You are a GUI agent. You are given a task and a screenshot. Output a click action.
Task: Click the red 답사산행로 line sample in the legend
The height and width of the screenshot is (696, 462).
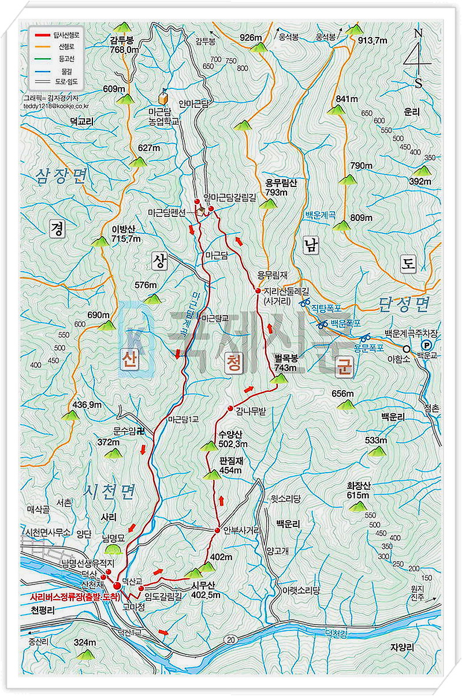click(40, 35)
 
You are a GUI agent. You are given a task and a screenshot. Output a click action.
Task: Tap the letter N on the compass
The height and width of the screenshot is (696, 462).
click(418, 34)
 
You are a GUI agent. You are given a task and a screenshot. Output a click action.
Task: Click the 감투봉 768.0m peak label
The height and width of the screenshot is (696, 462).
click(124, 46)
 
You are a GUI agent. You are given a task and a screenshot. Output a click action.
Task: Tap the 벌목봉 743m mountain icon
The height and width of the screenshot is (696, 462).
click(279, 379)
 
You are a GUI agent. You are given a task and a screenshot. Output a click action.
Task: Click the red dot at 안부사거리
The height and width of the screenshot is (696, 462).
click(218, 530)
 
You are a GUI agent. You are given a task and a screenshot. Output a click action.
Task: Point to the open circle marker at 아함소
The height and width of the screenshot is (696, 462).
click(407, 349)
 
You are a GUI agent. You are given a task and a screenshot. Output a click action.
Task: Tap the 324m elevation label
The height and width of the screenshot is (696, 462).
click(85, 642)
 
